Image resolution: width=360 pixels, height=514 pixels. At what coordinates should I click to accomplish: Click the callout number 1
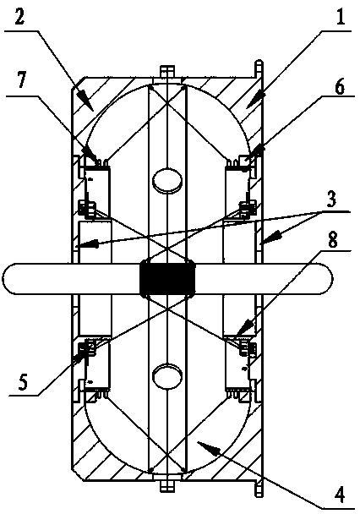coord(341,16)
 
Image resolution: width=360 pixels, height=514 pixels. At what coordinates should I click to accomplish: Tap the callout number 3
coord(331,199)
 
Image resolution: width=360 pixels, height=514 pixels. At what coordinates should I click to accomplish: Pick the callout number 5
coord(22,381)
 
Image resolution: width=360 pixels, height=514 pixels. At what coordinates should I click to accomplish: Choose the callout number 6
coord(340,86)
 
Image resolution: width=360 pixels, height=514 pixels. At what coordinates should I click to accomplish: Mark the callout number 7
coord(22,80)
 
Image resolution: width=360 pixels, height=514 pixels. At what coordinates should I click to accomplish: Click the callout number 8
coord(332,240)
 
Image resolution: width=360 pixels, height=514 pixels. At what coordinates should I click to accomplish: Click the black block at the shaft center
coord(167,279)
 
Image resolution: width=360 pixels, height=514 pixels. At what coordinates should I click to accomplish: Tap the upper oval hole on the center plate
coord(167,180)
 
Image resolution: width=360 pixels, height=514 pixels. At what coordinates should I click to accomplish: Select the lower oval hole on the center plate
coord(167,378)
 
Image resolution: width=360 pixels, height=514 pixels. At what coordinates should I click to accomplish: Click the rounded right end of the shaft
coord(326,279)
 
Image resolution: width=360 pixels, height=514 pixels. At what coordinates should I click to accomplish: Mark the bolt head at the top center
coord(167,72)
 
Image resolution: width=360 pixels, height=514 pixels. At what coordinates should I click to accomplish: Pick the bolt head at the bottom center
coord(167,485)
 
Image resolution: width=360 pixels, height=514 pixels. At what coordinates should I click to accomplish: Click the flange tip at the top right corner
coord(259,62)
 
